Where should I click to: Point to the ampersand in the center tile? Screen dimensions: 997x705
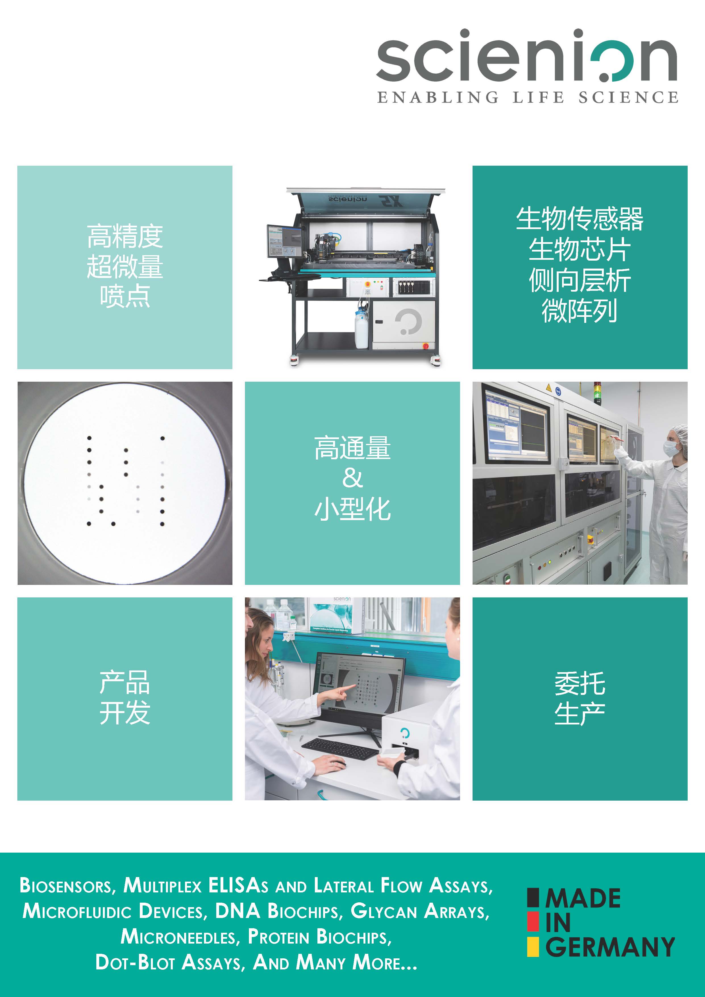click(x=352, y=479)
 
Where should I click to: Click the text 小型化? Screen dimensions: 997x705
click(x=352, y=509)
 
